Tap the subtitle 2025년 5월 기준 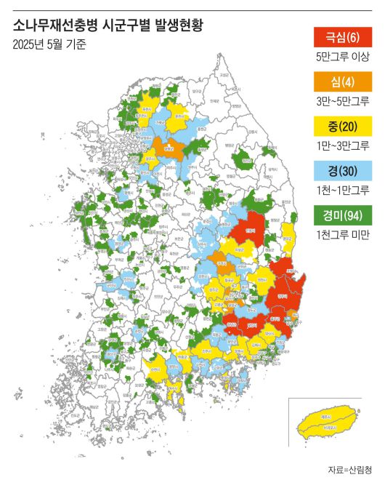(x=49, y=44)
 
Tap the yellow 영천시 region (x=260, y=280)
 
